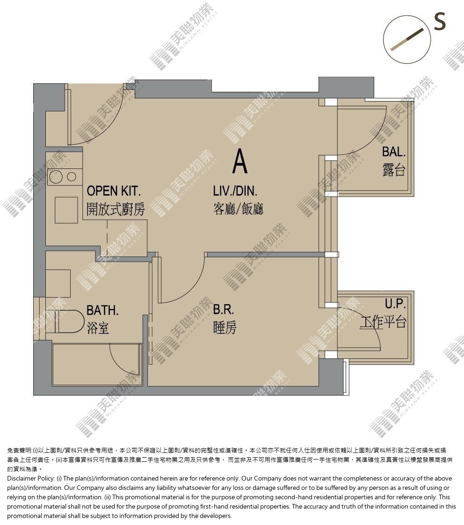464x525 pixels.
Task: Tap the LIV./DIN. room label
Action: click(x=235, y=191)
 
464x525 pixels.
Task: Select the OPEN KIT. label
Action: click(x=114, y=191)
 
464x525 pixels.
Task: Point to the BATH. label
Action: click(x=102, y=310)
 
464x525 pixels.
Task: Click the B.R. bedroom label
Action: click(x=223, y=309)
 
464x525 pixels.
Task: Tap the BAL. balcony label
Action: click(x=394, y=152)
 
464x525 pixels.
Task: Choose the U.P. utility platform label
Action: click(x=395, y=303)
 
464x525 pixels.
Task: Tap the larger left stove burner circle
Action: click(x=56, y=176)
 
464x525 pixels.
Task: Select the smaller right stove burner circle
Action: click(x=71, y=176)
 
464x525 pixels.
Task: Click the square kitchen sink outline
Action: click(x=66, y=210)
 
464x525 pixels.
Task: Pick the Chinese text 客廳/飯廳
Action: click(x=238, y=209)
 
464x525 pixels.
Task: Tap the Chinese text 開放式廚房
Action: click(x=116, y=209)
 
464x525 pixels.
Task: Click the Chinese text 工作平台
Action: click(x=383, y=322)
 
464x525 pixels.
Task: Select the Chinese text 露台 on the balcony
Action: click(x=394, y=170)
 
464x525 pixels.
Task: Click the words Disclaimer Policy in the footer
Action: click(x=31, y=479)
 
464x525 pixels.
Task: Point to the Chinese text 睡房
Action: click(x=225, y=327)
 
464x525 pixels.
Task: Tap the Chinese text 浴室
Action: click(x=98, y=328)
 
